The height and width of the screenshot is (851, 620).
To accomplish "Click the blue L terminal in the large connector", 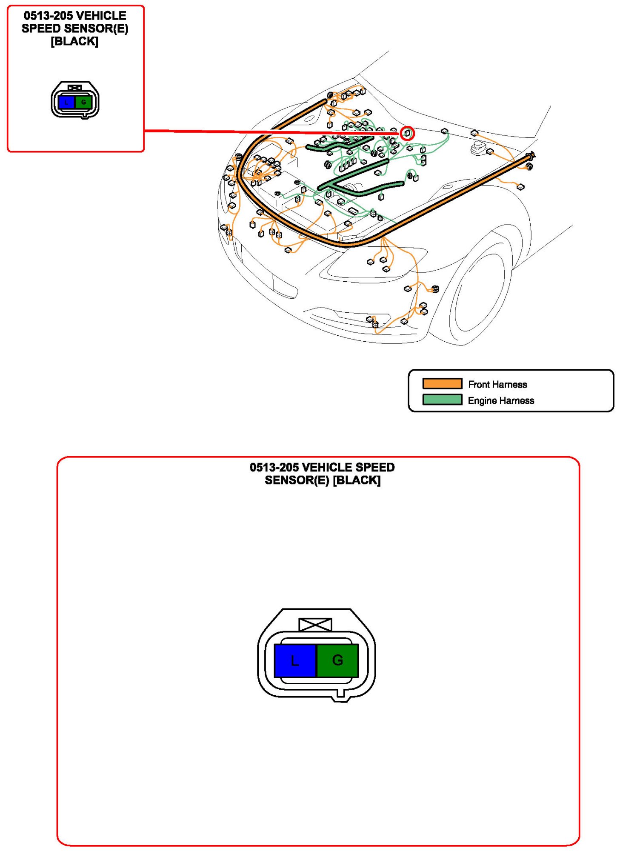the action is point(295,660).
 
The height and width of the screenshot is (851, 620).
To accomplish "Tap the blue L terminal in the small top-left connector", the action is point(66,102).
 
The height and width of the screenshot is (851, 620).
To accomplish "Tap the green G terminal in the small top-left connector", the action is point(83,102).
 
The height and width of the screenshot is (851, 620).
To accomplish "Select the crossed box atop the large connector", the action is point(315,625).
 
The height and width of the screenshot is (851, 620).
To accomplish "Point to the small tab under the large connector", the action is point(340,693).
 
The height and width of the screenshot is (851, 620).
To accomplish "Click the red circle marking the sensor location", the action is point(407,133).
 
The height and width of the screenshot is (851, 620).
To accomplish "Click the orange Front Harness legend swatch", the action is point(442,383).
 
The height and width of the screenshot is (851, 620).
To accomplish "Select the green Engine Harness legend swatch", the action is point(442,400).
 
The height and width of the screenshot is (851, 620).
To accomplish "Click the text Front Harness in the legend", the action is point(497,384).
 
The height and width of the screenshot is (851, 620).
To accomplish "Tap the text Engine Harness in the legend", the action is point(501,400).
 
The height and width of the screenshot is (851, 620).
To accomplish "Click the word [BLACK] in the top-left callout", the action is point(74,41).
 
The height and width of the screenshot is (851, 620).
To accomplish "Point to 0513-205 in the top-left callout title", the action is point(48,16).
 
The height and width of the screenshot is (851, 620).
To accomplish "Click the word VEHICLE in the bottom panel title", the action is point(327,467).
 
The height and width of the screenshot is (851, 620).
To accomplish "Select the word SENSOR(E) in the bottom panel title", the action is point(297,480).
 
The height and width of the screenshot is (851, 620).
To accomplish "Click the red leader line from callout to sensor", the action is point(272,132).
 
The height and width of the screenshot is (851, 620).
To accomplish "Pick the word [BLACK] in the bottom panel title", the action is point(357,480).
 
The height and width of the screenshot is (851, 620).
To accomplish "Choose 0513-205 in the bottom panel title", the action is point(274,467).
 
